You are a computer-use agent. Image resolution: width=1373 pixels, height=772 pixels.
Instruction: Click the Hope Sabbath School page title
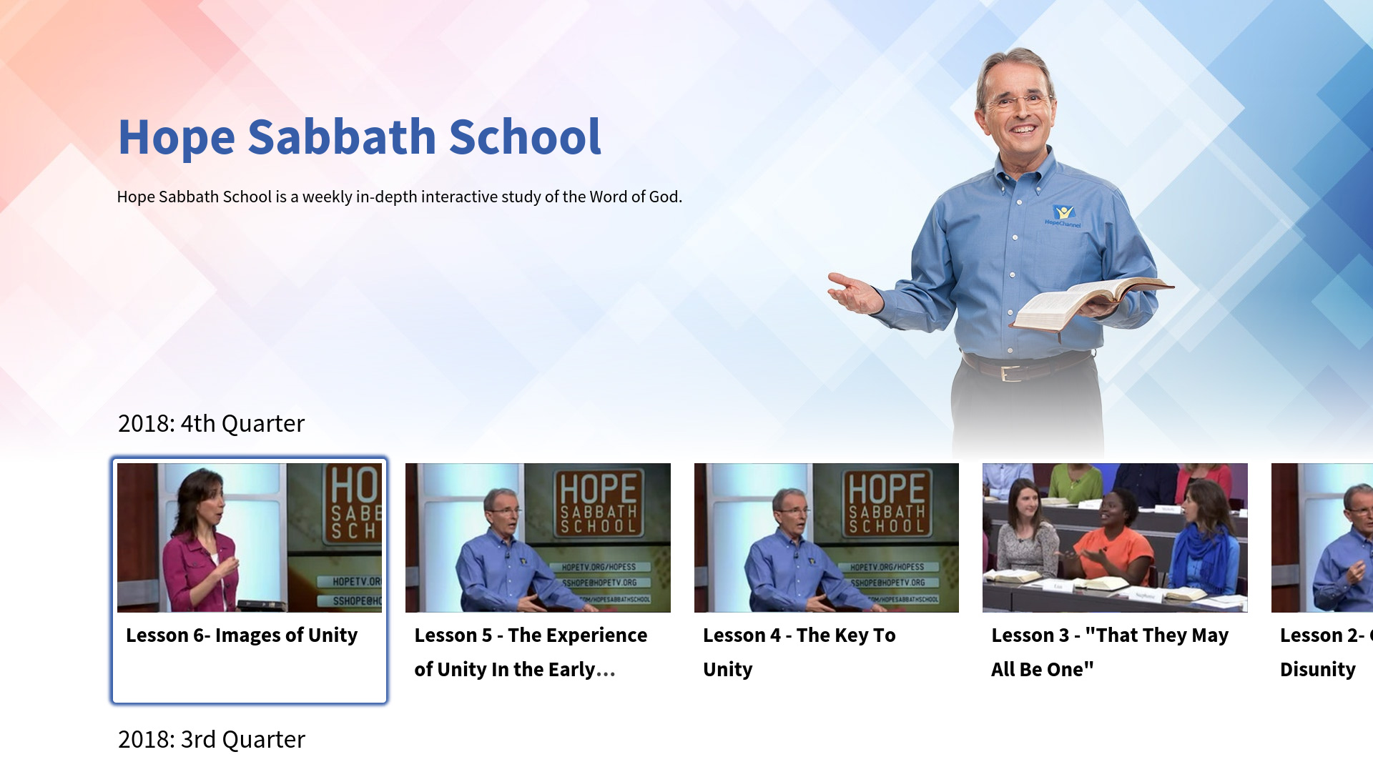click(x=360, y=137)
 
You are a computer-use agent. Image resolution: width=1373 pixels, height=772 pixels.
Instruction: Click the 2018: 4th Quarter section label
click(x=211, y=423)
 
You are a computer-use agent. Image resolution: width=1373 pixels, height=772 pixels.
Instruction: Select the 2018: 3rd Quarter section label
click(x=211, y=739)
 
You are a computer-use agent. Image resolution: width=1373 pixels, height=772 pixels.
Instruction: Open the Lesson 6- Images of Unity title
click(x=242, y=635)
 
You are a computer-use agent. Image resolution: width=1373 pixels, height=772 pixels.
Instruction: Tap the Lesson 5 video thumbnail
click(x=538, y=538)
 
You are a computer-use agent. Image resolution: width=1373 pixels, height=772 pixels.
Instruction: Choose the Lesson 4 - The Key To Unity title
click(x=799, y=651)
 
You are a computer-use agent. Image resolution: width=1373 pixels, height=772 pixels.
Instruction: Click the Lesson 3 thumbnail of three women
click(x=1115, y=538)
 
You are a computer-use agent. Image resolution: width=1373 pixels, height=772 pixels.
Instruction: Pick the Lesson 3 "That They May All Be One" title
click(x=1109, y=651)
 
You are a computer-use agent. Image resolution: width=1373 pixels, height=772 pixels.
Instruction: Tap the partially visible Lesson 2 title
click(x=1322, y=651)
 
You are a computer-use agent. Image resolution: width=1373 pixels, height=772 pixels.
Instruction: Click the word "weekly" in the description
click(x=327, y=197)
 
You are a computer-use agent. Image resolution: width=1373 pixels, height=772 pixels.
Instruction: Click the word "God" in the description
click(x=664, y=197)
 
